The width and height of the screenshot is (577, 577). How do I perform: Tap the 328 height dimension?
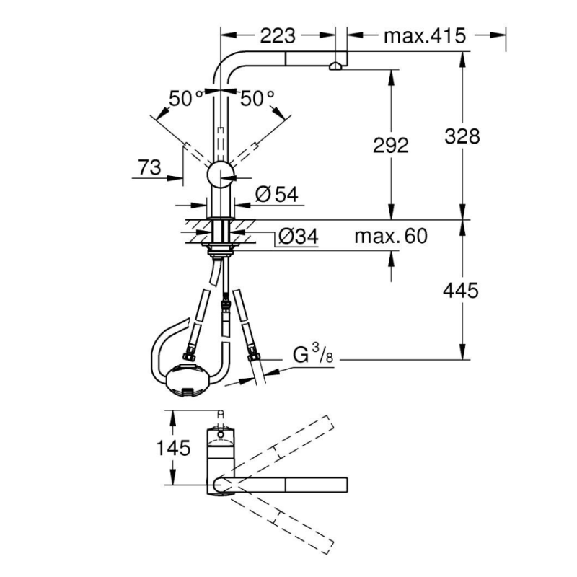click(x=462, y=135)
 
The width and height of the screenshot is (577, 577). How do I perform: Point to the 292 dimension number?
click(x=391, y=145)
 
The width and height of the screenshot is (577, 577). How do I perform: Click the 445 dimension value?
click(x=462, y=291)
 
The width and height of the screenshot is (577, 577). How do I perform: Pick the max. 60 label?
click(x=391, y=236)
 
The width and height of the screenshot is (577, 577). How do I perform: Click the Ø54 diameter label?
click(x=276, y=193)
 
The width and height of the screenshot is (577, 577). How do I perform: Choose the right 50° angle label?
click(x=257, y=98)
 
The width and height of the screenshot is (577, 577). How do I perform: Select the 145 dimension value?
click(x=172, y=448)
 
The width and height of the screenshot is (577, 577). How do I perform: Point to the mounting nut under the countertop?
click(x=220, y=250)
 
